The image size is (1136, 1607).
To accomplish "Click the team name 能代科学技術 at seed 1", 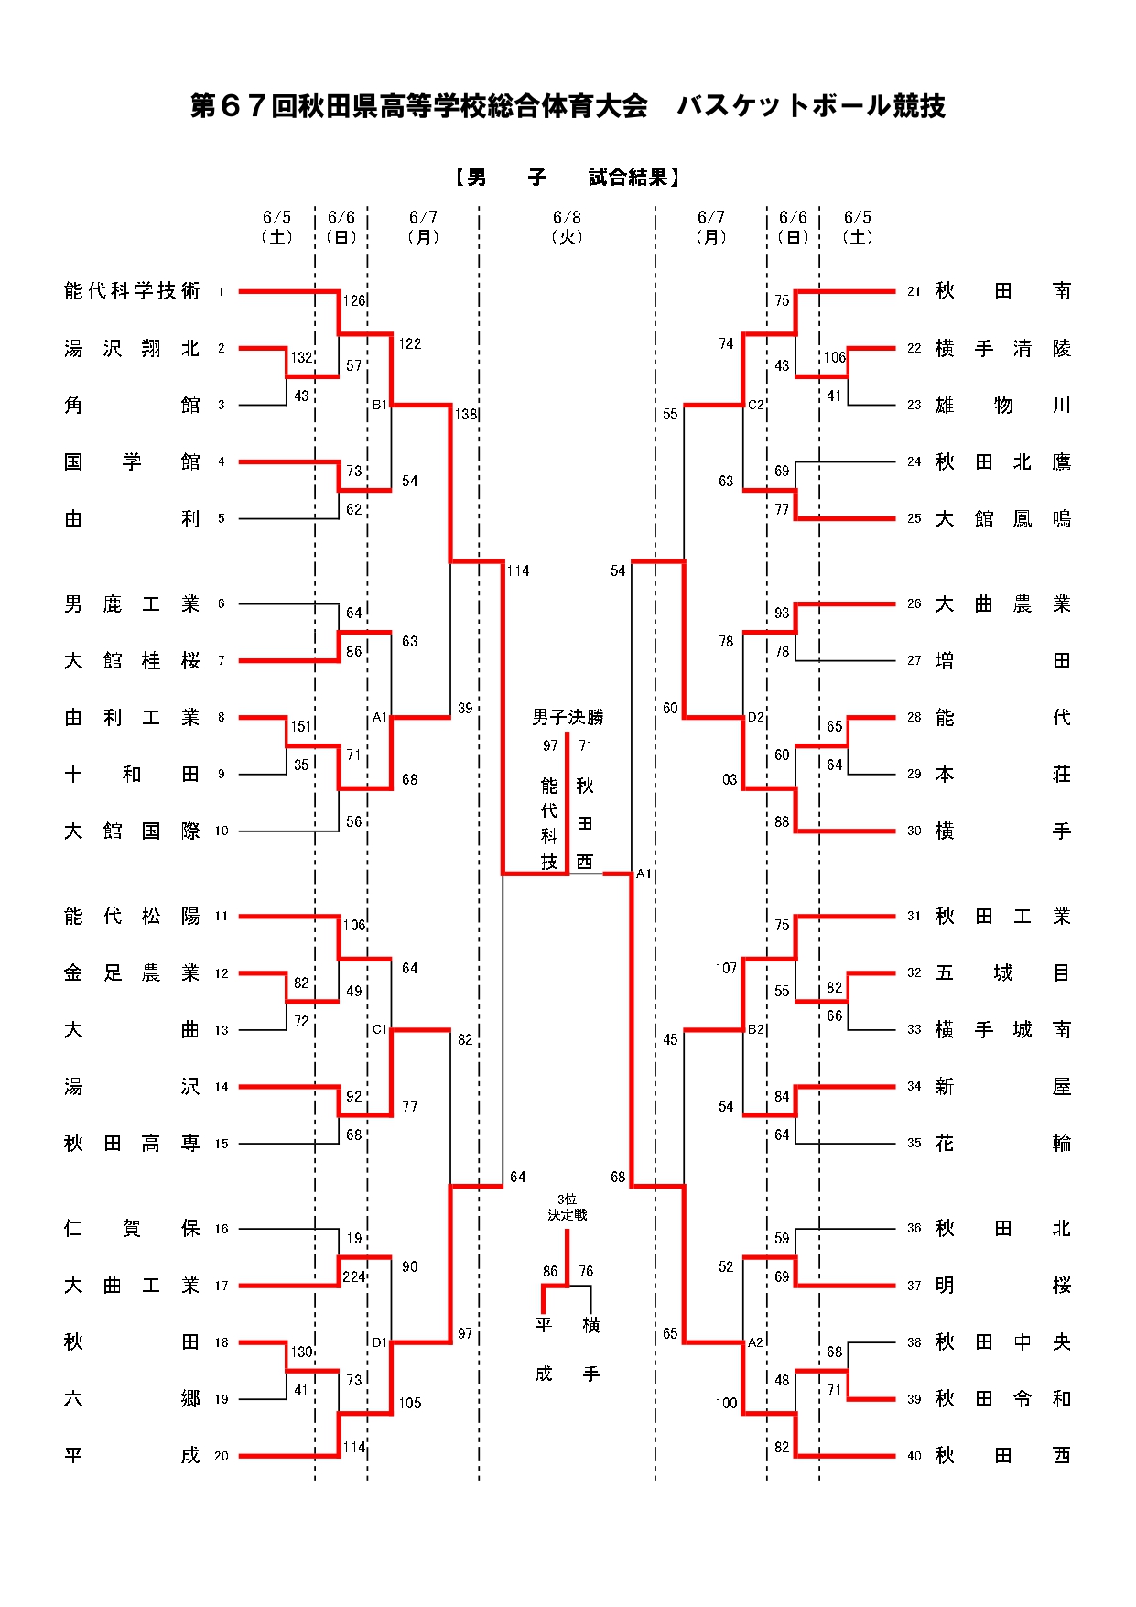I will [132, 291].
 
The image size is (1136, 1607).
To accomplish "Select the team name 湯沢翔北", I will [132, 349].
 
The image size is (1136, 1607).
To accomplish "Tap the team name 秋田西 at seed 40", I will [1002, 1456].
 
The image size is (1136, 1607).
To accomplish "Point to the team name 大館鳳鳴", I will [1002, 519].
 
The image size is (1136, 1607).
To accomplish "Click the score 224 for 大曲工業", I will [354, 1277].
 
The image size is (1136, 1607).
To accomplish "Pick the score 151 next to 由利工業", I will [301, 726].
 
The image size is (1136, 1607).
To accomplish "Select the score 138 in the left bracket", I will [466, 414].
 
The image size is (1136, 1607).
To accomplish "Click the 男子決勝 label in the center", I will [568, 717].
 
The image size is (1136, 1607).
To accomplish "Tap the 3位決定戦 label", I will [568, 1207].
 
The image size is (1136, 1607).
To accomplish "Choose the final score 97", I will [550, 746].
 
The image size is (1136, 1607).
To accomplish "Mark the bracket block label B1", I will [380, 405].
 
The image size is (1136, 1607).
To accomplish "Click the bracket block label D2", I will [755, 717].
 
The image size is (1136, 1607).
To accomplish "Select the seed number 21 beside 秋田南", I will [914, 291].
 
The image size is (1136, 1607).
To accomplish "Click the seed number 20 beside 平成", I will [222, 1456].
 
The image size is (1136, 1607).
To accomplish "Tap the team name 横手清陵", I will [1002, 349].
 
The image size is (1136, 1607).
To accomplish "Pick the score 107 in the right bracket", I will [726, 968].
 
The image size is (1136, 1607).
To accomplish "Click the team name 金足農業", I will [132, 973].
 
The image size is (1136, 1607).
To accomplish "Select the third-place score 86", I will [550, 1271].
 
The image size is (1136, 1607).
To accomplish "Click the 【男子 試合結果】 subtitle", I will [568, 178].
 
